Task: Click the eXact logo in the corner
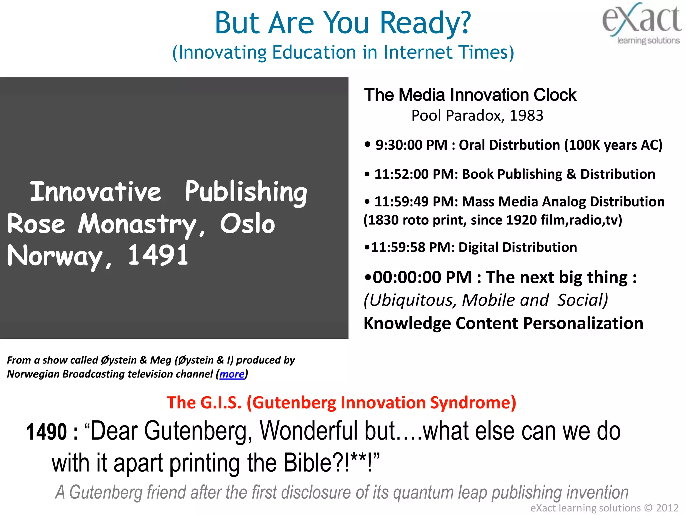pos(642,23)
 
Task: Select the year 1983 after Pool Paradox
pos(526,116)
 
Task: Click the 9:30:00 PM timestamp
pos(411,145)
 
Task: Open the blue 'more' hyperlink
pos(232,374)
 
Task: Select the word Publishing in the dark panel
pos(246,192)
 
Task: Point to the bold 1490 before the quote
pos(47,432)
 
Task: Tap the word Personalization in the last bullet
pos(583,324)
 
